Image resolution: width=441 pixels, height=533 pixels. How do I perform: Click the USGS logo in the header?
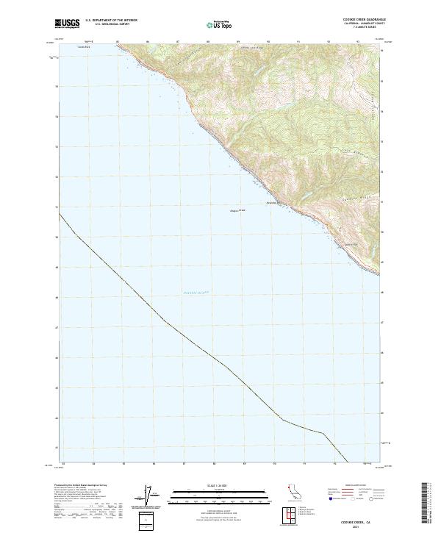(67, 24)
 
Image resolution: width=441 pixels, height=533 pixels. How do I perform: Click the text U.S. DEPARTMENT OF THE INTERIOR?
(111, 21)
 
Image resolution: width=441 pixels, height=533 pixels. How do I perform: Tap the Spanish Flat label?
(351, 245)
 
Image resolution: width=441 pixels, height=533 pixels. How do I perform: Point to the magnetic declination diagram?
(146, 495)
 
